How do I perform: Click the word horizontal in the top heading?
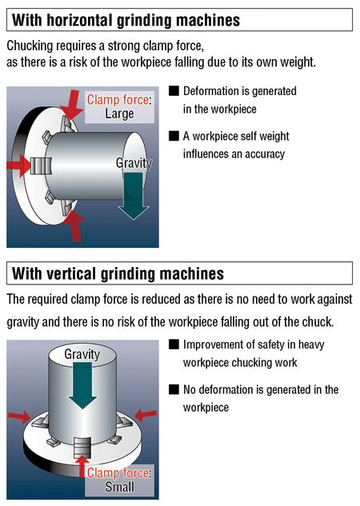click(79, 20)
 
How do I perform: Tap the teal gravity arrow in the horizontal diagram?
click(134, 196)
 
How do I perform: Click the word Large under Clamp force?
click(119, 114)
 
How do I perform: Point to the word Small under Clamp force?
click(119, 487)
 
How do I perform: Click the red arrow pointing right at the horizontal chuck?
click(18, 166)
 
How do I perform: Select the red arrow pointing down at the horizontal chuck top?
click(73, 105)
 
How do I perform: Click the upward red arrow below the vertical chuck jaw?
click(83, 467)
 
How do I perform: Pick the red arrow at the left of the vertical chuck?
click(19, 416)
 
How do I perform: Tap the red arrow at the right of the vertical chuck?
click(146, 414)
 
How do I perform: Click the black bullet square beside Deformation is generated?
click(174, 90)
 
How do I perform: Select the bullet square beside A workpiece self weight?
click(174, 136)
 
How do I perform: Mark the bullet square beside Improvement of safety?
click(174, 345)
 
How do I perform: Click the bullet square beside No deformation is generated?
click(174, 389)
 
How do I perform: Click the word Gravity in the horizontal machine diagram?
click(134, 163)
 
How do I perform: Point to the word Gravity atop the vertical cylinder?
click(82, 354)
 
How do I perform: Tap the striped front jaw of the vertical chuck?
click(82, 448)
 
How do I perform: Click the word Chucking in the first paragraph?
click(30, 46)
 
